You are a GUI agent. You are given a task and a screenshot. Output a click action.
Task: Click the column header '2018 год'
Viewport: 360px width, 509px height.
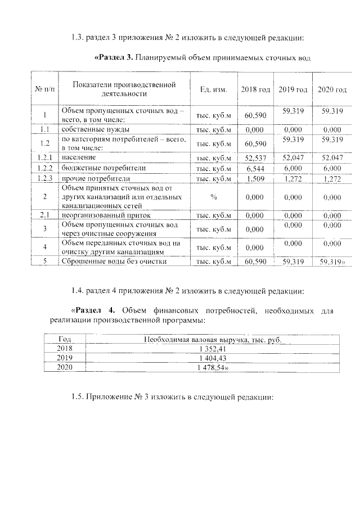(255, 90)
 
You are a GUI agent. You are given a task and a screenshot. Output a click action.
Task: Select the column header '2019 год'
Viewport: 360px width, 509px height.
(293, 90)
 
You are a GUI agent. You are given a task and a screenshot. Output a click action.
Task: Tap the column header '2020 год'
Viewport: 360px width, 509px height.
(332, 90)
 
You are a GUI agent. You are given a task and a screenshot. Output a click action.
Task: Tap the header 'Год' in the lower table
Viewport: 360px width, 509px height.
(65, 339)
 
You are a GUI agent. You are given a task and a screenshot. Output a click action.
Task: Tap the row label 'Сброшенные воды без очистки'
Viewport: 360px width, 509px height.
(114, 261)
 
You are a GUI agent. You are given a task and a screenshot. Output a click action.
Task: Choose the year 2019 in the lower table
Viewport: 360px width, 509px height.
(65, 358)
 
